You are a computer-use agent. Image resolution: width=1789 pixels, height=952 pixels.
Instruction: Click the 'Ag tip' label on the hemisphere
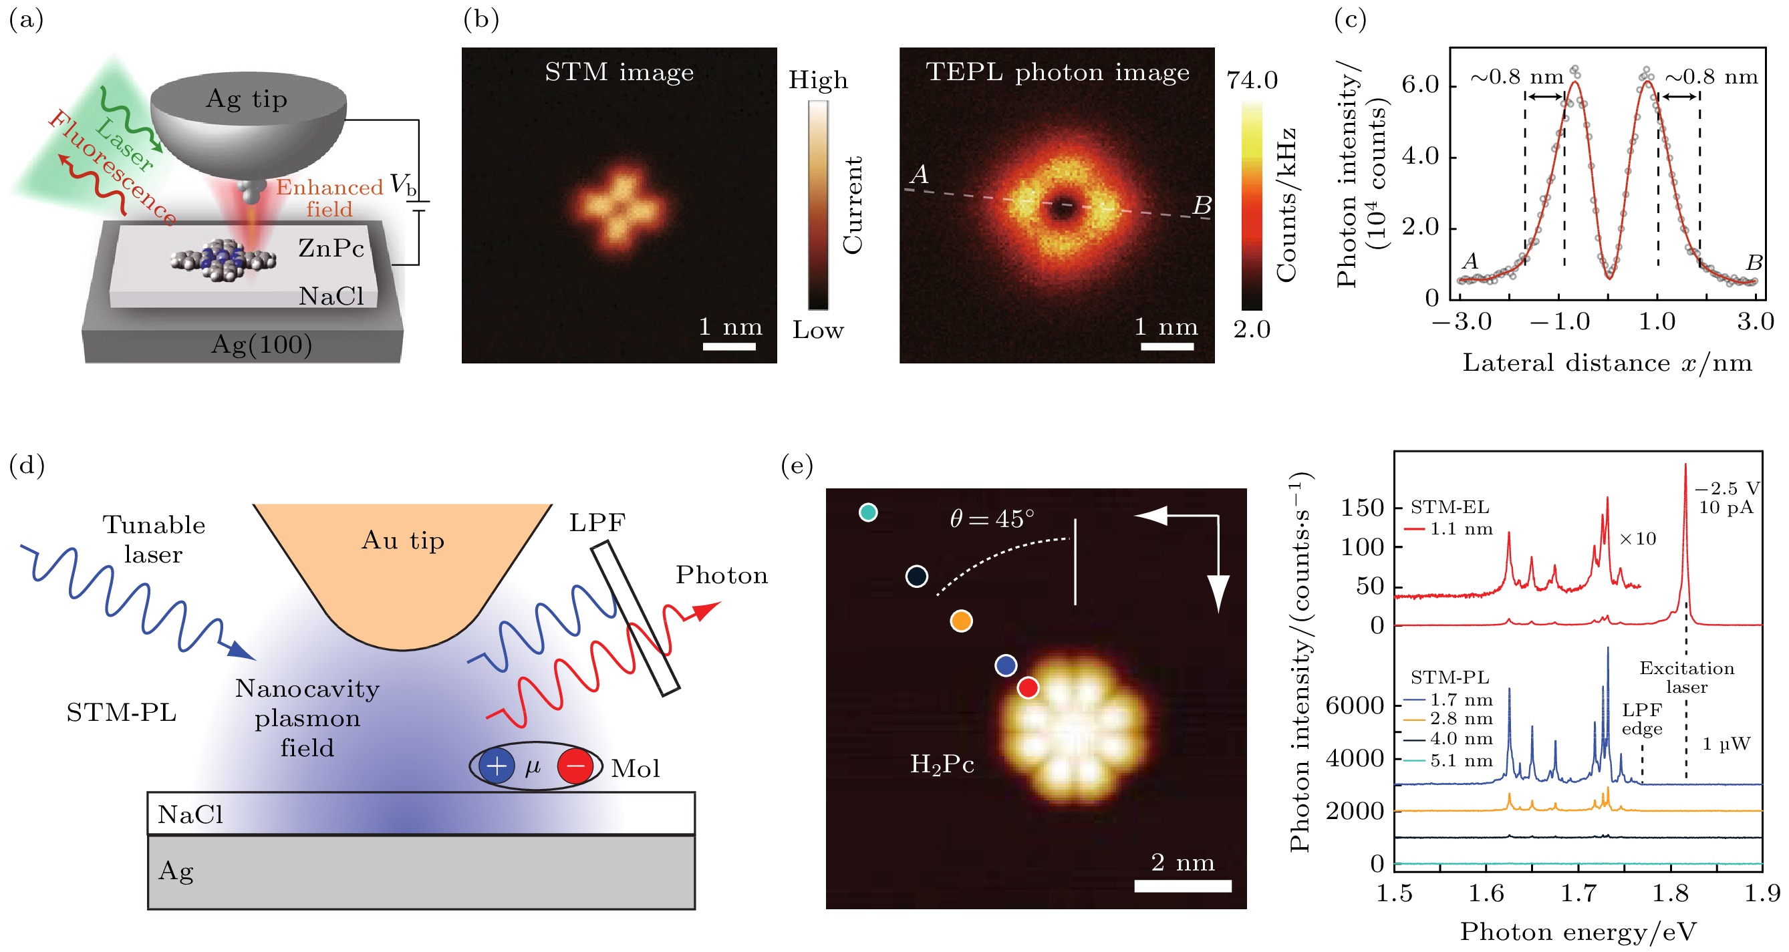[x=247, y=100]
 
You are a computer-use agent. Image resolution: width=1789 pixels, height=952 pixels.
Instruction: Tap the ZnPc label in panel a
[x=331, y=248]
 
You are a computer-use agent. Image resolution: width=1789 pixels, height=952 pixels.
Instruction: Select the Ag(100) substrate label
[x=261, y=345]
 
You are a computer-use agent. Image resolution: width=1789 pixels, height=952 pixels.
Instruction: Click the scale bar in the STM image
[x=728, y=346]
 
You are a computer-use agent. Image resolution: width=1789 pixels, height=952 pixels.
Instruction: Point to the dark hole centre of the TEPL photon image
[x=1062, y=206]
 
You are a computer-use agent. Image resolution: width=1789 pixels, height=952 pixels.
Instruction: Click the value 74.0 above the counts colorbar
[x=1252, y=81]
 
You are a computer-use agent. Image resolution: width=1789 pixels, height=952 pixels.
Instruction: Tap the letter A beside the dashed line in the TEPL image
[x=919, y=174]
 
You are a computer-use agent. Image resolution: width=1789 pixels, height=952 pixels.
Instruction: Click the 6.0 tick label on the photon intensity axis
[x=1419, y=85]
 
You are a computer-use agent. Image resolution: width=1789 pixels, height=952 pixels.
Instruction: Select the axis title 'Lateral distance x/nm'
[x=1607, y=363]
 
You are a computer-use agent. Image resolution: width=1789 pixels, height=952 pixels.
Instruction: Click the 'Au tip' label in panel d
[x=403, y=540]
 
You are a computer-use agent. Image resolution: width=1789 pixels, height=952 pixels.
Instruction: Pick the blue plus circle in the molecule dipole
[x=497, y=766]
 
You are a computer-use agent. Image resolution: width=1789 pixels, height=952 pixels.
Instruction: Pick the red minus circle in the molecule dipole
[x=575, y=766]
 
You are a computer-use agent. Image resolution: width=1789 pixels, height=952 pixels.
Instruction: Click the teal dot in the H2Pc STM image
[x=868, y=512]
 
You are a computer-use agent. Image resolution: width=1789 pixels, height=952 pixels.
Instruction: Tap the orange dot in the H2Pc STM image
[x=961, y=621]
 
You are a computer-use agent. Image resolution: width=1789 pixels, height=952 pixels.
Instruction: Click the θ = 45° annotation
[x=992, y=518]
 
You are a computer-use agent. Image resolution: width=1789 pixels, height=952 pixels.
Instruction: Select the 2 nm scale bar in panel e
[x=1183, y=886]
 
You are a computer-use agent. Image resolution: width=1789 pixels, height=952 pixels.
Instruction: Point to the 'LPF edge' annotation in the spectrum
[x=1642, y=720]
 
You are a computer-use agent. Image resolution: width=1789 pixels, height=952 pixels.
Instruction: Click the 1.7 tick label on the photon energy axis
[x=1578, y=894]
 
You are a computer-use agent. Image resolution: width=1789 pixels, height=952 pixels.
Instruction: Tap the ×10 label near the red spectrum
[x=1637, y=539]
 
